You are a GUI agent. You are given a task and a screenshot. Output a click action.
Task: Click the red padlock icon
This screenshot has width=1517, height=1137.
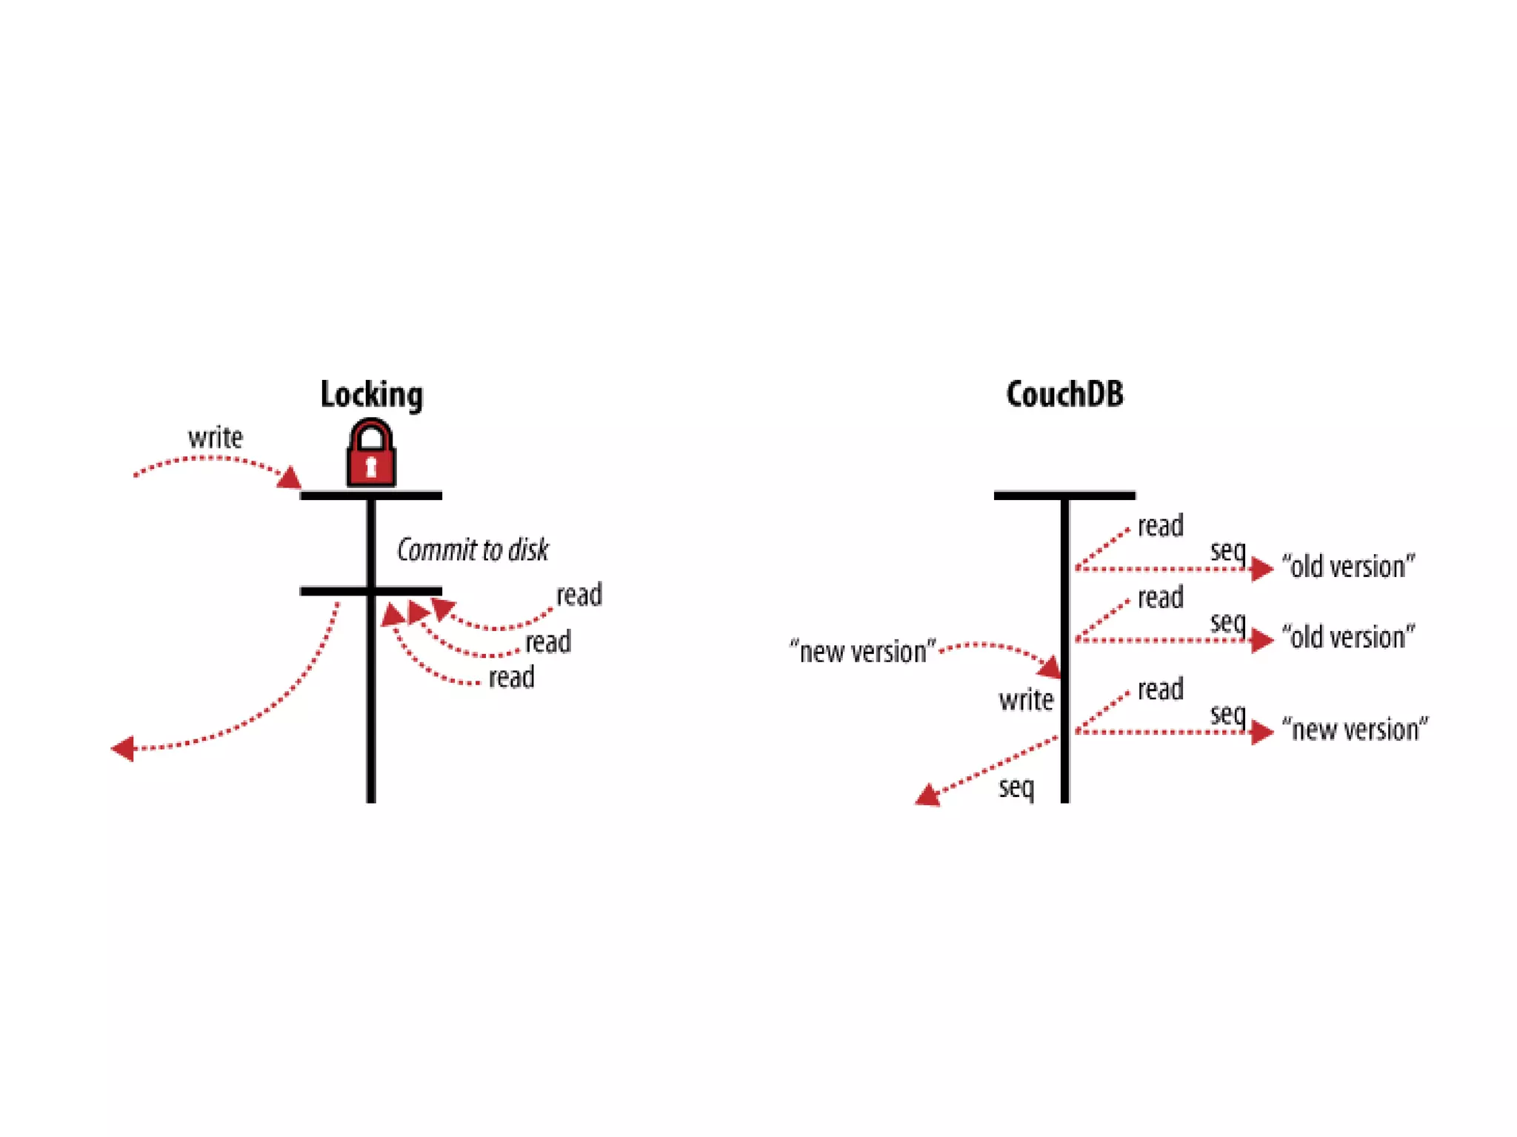click(x=371, y=454)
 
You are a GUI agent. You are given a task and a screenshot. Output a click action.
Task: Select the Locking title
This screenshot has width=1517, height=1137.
click(x=371, y=394)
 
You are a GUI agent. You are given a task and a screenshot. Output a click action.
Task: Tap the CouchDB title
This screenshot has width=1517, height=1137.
click(x=1064, y=394)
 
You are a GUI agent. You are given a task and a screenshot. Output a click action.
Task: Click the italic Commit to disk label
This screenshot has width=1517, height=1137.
click(x=473, y=550)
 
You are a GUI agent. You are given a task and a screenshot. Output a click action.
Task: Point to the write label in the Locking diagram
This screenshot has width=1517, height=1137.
click(x=215, y=438)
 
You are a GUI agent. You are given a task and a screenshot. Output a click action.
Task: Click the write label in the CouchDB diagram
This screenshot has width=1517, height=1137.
click(x=1026, y=700)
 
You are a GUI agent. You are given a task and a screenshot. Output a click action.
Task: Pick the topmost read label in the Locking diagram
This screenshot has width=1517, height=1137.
click(x=579, y=595)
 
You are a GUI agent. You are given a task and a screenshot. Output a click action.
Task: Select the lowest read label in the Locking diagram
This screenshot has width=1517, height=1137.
click(x=511, y=677)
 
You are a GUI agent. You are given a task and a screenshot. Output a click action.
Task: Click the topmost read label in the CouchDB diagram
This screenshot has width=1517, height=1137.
click(x=1160, y=526)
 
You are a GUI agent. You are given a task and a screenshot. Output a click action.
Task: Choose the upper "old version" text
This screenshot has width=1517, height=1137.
click(x=1348, y=567)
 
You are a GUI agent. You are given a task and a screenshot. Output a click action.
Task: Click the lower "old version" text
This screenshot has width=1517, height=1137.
click(x=1348, y=638)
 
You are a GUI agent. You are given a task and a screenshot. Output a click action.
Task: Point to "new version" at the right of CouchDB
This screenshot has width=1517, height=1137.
click(x=1355, y=730)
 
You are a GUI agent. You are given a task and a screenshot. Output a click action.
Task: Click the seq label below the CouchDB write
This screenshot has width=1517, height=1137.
click(x=1016, y=787)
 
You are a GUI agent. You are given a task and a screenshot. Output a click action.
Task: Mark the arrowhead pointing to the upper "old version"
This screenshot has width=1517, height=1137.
click(x=1261, y=569)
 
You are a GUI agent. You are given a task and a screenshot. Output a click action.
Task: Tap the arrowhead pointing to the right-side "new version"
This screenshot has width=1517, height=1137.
click(x=1261, y=733)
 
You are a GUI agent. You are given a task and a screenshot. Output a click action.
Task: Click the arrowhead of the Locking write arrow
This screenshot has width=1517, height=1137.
click(x=290, y=478)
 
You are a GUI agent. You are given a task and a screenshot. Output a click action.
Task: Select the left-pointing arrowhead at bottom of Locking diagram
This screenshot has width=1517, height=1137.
click(x=123, y=749)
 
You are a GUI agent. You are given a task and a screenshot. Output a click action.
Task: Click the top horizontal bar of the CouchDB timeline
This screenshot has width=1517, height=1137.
click(x=1064, y=496)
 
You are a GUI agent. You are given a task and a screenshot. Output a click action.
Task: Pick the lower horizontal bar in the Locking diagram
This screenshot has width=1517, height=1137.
click(x=370, y=591)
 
